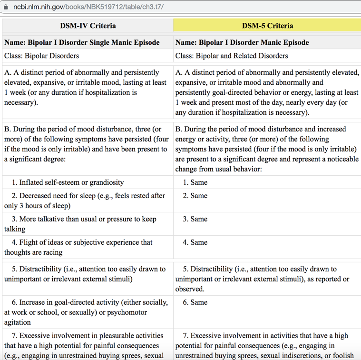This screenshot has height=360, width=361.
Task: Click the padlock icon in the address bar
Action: [x=6, y=7]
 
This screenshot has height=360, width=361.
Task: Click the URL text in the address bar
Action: [x=88, y=7]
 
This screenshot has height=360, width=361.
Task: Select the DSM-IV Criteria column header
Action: [x=88, y=26]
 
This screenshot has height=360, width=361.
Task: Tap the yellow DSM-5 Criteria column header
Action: [x=267, y=26]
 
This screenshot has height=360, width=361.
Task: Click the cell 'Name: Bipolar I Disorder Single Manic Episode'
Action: [x=82, y=42]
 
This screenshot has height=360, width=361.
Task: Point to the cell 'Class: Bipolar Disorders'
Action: [x=42, y=56]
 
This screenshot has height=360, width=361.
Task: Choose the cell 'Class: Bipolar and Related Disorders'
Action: [x=232, y=56]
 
